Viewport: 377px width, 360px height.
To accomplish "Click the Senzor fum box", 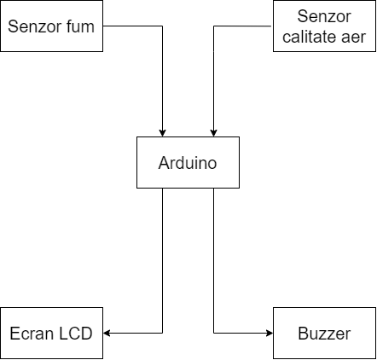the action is point(51,26).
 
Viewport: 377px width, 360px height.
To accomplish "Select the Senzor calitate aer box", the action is point(324,26).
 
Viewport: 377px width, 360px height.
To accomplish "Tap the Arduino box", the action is point(188,162).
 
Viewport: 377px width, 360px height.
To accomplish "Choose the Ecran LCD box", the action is point(51,333).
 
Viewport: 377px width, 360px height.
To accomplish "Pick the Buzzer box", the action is point(324,333).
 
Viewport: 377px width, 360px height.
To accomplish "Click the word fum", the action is point(80,26).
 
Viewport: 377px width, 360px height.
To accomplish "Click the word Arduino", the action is point(188,163).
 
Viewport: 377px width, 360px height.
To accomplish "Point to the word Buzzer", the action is point(324,334).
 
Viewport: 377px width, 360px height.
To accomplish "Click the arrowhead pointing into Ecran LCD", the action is point(107,333).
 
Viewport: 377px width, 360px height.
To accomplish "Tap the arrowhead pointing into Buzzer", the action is point(270,333).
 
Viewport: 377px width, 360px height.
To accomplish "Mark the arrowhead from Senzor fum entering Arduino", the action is point(162,133).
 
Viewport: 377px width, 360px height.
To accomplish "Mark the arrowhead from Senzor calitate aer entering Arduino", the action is point(213,133).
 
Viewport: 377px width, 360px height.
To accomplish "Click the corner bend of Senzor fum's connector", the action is point(162,26).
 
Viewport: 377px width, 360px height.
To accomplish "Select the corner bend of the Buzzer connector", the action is point(213,333).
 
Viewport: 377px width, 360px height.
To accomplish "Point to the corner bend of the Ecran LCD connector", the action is point(162,333).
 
